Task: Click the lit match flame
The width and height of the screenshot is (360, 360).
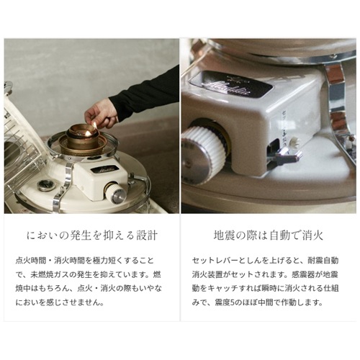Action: pos(94,125)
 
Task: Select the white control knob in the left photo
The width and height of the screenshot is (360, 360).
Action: pos(115,194)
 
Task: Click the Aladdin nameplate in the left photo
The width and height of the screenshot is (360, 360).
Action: pos(103,170)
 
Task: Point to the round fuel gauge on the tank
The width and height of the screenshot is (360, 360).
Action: pos(46,185)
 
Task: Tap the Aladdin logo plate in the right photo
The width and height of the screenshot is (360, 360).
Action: pos(230,84)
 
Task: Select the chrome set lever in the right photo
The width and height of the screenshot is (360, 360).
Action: pos(287,155)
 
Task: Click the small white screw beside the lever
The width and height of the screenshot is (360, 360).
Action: pos(294,141)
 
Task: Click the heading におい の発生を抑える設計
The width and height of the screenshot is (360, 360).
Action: pos(92,235)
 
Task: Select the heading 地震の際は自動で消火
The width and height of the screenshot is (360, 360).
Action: pos(269,235)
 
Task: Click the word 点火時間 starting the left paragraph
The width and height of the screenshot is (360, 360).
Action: pos(30,261)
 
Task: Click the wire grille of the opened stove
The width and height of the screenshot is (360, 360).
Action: pos(23,149)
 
